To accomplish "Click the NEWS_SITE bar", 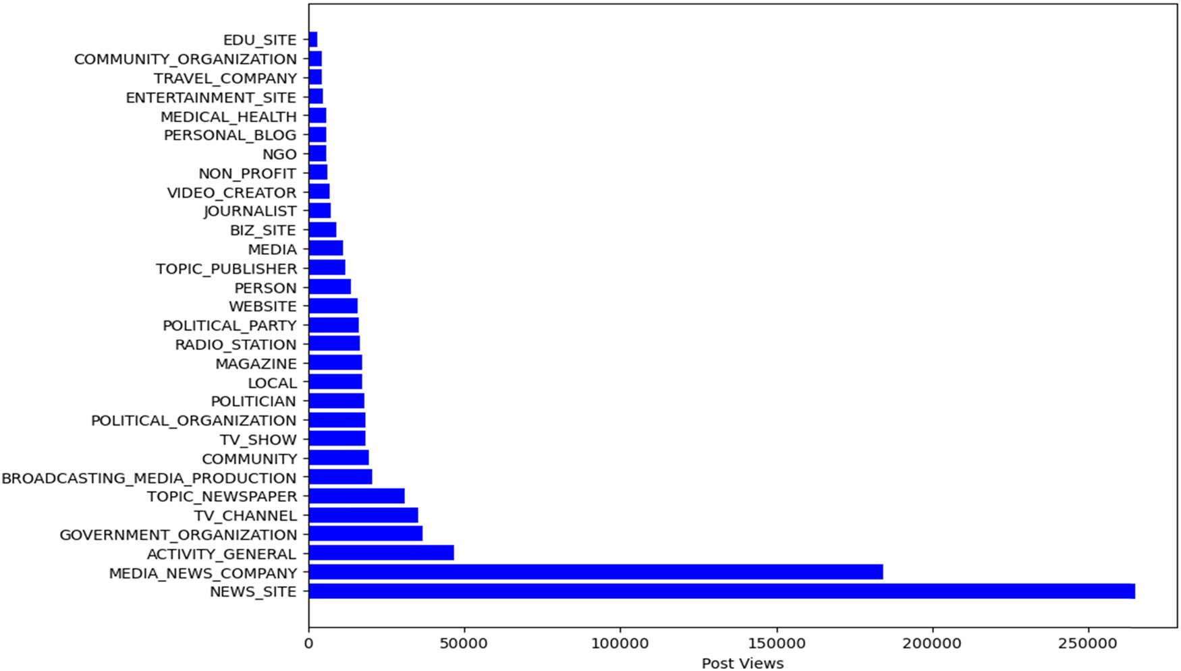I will tap(721, 591).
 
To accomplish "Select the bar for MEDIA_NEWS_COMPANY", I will tap(595, 573).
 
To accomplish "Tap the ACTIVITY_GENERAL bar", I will tap(381, 554).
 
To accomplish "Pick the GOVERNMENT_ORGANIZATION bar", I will tap(365, 534).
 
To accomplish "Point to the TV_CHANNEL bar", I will tap(363, 515).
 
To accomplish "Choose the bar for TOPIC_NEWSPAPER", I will tap(356, 496).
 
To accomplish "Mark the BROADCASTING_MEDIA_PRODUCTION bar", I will tap(340, 477).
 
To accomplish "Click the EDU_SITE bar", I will tap(313, 40).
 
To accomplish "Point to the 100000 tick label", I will tap(620, 643).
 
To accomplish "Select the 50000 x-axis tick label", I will tap(464, 643).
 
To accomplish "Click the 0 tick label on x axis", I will tap(309, 643).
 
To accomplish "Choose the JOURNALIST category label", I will tap(250, 211).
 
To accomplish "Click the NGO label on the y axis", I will tap(279, 154).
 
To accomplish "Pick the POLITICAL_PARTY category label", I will tap(229, 326).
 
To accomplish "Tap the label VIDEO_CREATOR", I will tap(231, 193).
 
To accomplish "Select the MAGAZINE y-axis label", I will tap(256, 364).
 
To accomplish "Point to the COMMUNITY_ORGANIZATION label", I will tap(185, 59).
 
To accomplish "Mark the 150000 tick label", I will tap(776, 643).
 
